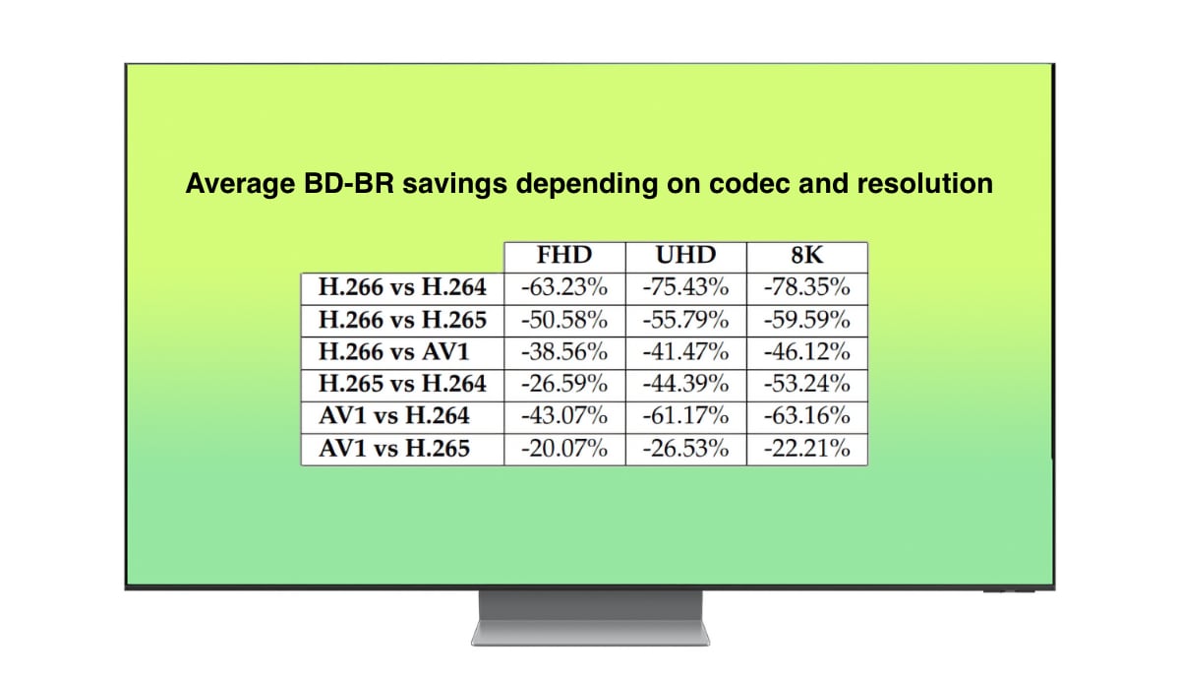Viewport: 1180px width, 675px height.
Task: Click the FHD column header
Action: (564, 256)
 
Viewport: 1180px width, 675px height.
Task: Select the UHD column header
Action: (686, 256)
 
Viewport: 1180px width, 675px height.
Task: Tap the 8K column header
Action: (807, 256)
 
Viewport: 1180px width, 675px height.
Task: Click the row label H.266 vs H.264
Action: (402, 287)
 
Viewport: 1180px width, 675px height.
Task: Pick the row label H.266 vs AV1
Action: (394, 352)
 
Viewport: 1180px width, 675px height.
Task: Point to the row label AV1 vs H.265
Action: (394, 449)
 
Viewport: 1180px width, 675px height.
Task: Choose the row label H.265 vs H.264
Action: (402, 384)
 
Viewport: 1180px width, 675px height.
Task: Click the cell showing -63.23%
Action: (564, 287)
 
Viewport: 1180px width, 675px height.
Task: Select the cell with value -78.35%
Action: (807, 287)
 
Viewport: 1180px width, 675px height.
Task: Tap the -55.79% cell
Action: (686, 320)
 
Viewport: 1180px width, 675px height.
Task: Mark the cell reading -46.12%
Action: (807, 352)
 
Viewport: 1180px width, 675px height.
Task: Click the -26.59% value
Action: (564, 384)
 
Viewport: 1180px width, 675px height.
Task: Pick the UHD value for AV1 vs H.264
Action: (686, 416)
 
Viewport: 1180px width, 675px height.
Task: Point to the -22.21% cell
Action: (807, 449)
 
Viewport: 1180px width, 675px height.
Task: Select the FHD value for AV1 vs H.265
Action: (564, 449)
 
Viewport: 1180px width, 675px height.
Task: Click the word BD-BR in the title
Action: (349, 184)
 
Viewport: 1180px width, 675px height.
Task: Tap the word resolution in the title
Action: (925, 184)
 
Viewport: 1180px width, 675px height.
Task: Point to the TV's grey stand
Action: (591, 618)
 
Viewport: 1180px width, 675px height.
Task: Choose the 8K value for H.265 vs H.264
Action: (807, 384)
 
